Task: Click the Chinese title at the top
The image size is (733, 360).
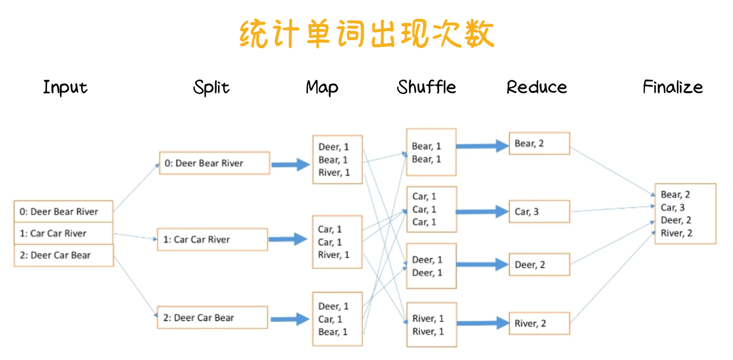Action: click(366, 34)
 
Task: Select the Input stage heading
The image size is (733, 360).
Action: click(65, 87)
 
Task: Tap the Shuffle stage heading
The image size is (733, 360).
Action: click(427, 87)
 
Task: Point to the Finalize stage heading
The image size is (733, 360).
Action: click(673, 87)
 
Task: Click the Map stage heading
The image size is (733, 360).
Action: click(322, 87)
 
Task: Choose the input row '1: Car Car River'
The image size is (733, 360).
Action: click(63, 233)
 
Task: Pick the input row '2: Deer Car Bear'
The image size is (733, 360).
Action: click(63, 255)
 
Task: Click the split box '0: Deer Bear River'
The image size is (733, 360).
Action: click(214, 163)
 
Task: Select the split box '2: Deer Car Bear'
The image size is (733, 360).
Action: click(212, 318)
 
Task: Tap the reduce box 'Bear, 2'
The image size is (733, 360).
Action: click(539, 144)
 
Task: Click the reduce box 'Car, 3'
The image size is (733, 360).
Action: click(539, 212)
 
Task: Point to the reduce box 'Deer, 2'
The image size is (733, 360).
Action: click(539, 265)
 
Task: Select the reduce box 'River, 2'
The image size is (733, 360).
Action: click(539, 324)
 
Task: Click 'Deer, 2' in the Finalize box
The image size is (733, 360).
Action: click(676, 221)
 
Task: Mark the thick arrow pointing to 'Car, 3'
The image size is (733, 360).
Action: click(482, 212)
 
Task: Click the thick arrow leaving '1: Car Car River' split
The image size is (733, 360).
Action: click(288, 239)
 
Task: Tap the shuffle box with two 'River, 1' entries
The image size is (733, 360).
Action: click(431, 325)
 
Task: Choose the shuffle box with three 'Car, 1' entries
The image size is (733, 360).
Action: click(431, 209)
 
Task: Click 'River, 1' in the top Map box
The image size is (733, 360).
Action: click(334, 173)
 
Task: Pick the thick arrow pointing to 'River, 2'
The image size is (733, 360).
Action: click(482, 324)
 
